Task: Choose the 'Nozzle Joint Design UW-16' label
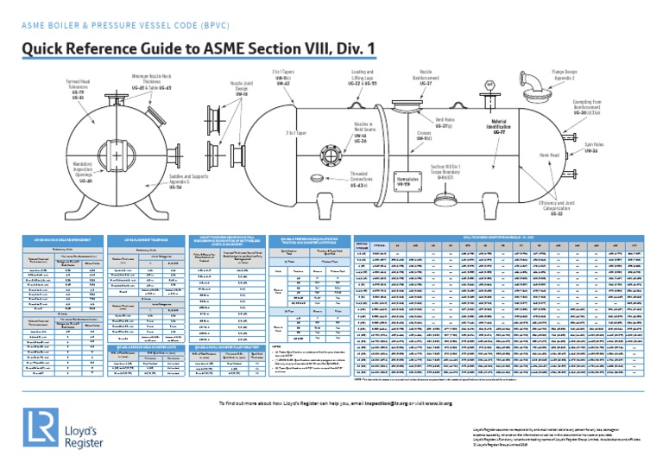[242, 89]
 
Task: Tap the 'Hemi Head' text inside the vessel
[573, 155]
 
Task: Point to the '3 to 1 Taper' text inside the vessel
[297, 134]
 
